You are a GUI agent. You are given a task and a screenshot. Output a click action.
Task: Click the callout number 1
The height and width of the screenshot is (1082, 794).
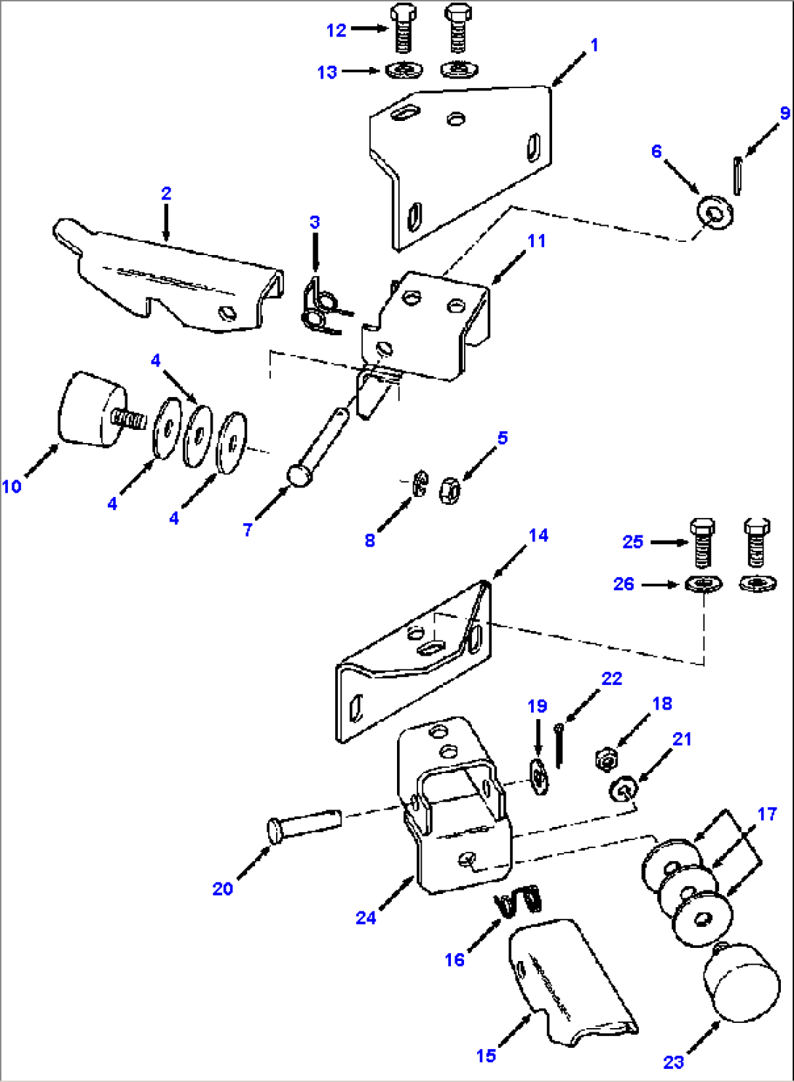[x=594, y=45]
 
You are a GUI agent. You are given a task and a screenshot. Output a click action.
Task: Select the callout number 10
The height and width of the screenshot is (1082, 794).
[x=12, y=486]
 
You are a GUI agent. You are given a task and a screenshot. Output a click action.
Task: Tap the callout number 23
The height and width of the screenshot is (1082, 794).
[x=673, y=1062]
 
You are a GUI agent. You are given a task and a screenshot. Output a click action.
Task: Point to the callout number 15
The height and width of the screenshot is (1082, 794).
[x=486, y=1055]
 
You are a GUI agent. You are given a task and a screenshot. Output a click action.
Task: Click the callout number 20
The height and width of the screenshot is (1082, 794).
[x=223, y=888]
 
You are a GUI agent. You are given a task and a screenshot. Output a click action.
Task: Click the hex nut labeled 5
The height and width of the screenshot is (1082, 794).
[x=449, y=490]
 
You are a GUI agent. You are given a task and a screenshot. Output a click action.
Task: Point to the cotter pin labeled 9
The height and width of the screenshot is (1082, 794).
[x=738, y=176]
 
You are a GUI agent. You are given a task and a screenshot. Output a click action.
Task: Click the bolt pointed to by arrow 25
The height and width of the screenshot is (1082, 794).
[x=702, y=542]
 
